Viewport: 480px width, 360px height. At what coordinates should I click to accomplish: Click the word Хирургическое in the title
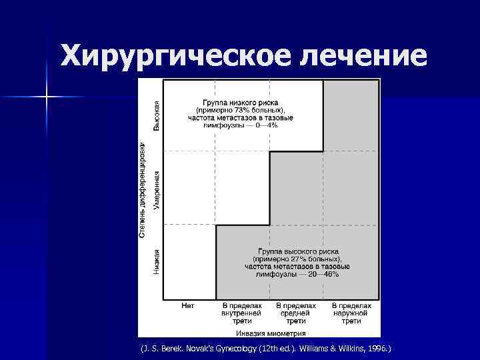click(x=175, y=56)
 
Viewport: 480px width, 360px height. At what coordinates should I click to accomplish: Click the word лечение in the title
click(x=362, y=56)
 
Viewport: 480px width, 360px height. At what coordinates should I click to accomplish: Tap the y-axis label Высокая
click(x=157, y=114)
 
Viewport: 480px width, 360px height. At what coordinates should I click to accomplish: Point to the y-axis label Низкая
click(x=157, y=261)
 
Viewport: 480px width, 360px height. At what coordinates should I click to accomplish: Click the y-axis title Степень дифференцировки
click(x=142, y=189)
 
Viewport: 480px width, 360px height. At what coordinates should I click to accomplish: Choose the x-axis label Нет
click(x=188, y=305)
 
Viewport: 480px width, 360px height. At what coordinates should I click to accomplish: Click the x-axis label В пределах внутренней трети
click(x=242, y=313)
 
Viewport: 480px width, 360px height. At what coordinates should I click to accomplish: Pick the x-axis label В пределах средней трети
click(x=296, y=313)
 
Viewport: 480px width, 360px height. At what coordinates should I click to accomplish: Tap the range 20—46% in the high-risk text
click(x=323, y=273)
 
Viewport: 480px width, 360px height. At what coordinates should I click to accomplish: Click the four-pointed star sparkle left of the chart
click(x=47, y=97)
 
